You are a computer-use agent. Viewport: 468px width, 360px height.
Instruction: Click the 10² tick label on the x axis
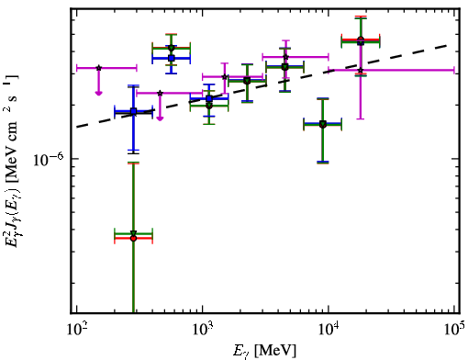click(x=76, y=330)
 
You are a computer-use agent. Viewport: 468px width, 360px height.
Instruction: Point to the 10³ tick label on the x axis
click(x=203, y=330)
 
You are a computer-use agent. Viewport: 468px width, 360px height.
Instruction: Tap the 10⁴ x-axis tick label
click(x=329, y=330)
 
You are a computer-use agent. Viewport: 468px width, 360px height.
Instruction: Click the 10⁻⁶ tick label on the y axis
click(x=48, y=160)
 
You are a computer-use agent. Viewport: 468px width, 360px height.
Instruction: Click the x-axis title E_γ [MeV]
click(x=264, y=351)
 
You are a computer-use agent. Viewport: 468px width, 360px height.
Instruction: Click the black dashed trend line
click(x=262, y=86)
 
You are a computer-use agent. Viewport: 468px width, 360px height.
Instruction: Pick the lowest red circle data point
click(x=133, y=238)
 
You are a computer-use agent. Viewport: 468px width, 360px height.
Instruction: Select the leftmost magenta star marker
click(x=98, y=68)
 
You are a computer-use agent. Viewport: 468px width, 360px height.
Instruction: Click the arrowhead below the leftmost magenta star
click(x=98, y=93)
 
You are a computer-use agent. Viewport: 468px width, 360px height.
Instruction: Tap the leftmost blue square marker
click(x=133, y=111)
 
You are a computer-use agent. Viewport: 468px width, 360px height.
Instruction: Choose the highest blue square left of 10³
click(x=172, y=58)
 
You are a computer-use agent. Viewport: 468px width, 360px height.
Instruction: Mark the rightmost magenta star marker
click(x=361, y=71)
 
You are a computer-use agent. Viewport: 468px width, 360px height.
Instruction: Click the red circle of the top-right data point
click(x=361, y=39)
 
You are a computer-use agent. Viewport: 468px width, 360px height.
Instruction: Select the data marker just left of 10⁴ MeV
click(x=323, y=124)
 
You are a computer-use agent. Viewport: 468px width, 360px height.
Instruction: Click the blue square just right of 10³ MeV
click(x=209, y=98)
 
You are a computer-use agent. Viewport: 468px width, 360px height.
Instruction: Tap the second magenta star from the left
click(x=160, y=93)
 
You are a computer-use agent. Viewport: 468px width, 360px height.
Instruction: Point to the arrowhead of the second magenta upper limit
click(x=160, y=118)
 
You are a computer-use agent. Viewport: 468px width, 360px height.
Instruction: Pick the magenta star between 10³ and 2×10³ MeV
click(x=225, y=76)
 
